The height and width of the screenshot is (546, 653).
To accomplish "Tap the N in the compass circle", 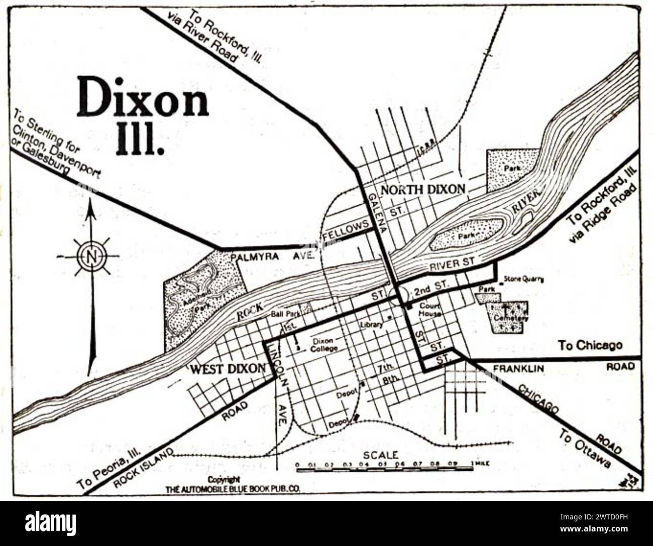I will pyautogui.click(x=91, y=256).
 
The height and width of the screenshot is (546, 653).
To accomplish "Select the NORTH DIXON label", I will pyautogui.click(x=422, y=190).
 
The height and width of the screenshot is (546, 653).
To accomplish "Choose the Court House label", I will pyautogui.click(x=430, y=310).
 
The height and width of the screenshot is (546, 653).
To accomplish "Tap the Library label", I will pyautogui.click(x=371, y=325).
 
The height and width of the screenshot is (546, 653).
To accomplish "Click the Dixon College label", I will pyautogui.click(x=323, y=344).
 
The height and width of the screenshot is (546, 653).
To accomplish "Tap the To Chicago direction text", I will pyautogui.click(x=590, y=345).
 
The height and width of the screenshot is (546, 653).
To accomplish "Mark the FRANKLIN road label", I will pyautogui.click(x=518, y=369).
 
